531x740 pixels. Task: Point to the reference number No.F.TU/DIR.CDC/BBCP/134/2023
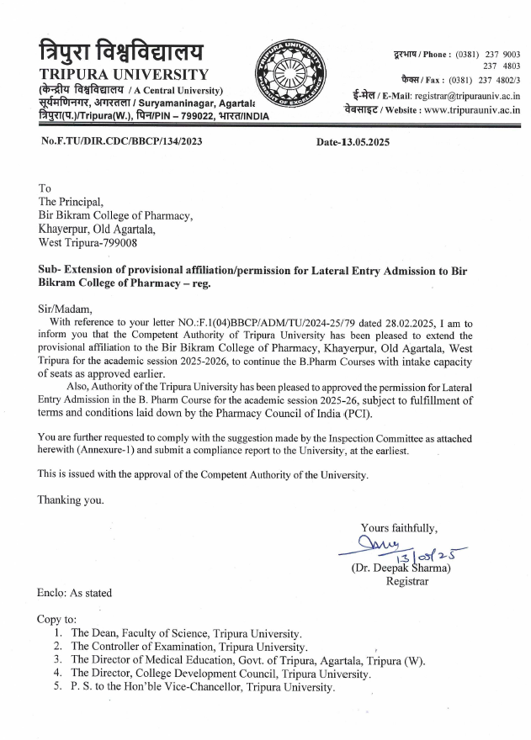120,142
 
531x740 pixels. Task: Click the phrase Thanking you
72,499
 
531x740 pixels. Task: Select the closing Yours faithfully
399,528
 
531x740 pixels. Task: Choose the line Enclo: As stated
75,593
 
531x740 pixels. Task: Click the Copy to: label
57,618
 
